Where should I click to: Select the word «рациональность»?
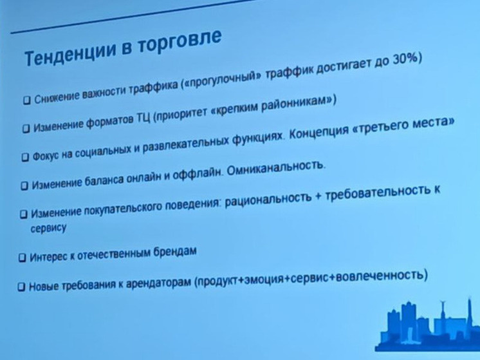260,200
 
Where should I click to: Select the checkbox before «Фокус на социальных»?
26,156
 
